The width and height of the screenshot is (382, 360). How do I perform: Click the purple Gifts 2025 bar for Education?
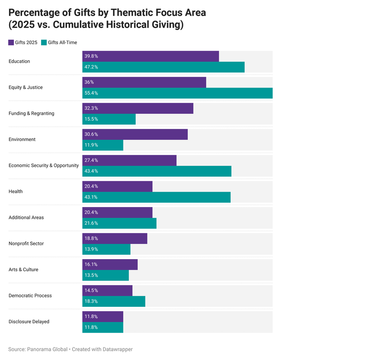tap(150, 56)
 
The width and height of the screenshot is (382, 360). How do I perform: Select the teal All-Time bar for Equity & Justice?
tap(177, 93)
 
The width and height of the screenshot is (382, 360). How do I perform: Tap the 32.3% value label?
tap(91, 109)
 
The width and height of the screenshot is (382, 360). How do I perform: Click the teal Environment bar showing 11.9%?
tap(103, 145)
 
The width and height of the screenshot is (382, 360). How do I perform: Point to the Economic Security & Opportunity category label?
tap(43, 165)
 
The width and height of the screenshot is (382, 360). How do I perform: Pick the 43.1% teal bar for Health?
tap(156, 197)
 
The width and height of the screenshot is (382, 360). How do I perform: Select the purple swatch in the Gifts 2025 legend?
tap(11, 43)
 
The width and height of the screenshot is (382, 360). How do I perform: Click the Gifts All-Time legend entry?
tap(59, 43)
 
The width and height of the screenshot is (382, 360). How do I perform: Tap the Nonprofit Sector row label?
tap(26, 243)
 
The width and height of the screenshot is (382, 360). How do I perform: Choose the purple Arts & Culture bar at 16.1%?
tap(110, 264)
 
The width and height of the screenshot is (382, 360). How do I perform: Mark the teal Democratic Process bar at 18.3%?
tap(114, 301)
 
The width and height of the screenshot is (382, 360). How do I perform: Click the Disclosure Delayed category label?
tap(29, 322)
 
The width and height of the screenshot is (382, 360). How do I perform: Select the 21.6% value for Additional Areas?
tap(91, 223)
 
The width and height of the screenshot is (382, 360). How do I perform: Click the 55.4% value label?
tap(91, 93)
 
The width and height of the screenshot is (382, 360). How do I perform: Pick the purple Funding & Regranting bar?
tap(138, 109)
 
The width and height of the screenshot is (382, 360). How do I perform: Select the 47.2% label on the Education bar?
tap(91, 67)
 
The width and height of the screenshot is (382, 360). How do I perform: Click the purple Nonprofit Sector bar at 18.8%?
tap(115, 238)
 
